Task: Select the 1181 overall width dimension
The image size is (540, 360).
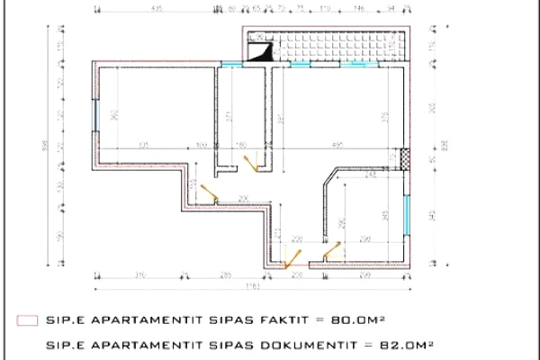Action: (255, 286)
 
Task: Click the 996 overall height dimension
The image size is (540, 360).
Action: (45, 148)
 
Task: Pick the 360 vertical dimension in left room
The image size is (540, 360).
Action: (114, 114)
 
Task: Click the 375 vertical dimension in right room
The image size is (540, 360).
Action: (384, 115)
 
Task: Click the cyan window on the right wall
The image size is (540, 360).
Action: (409, 212)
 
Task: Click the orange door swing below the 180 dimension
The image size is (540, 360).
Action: (251, 162)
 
